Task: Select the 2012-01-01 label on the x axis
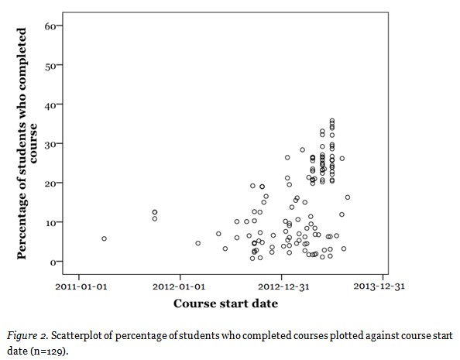(x=180, y=285)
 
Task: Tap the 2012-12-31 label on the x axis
(x=281, y=285)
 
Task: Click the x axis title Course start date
(x=225, y=303)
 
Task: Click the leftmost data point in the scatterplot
(x=104, y=238)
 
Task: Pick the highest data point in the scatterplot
(x=332, y=121)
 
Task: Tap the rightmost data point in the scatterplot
(x=348, y=197)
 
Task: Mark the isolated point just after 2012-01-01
(x=197, y=243)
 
